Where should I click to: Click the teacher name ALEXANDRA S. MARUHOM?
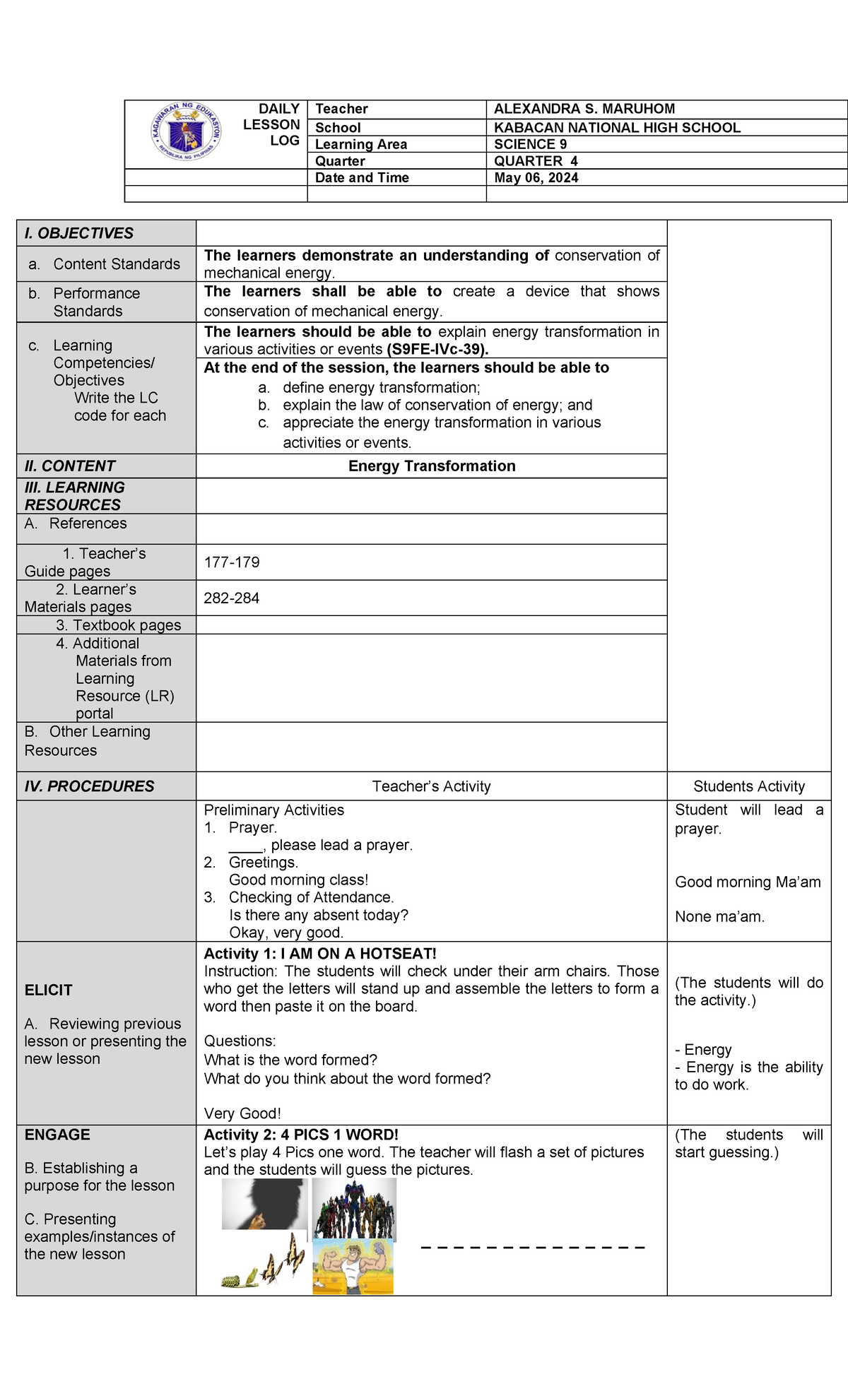click(584, 109)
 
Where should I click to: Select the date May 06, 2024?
click(536, 178)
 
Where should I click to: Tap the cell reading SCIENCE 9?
click(530, 144)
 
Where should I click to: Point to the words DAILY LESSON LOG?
click(272, 124)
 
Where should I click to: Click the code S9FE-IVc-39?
click(437, 350)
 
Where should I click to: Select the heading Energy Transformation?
click(432, 466)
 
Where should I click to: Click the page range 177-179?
click(232, 562)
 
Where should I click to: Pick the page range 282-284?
click(232, 598)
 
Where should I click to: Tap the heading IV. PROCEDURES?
click(89, 786)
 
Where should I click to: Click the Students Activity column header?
click(749, 786)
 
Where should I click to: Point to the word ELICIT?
click(48, 990)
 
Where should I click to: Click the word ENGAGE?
click(57, 1135)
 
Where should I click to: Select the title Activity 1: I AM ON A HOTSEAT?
click(320, 954)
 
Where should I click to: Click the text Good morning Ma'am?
click(748, 882)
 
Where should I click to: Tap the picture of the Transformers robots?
click(354, 1209)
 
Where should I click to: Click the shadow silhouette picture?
click(264, 1205)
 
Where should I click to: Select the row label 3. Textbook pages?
click(118, 625)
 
